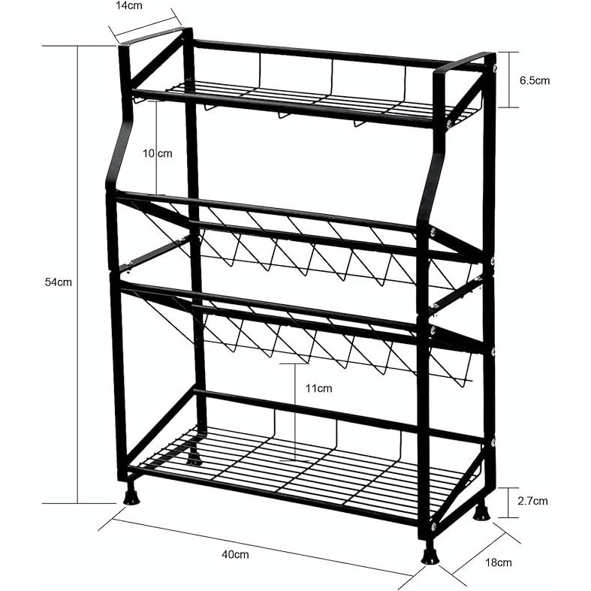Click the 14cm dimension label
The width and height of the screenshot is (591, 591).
point(129,6)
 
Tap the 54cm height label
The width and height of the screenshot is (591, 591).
point(59,282)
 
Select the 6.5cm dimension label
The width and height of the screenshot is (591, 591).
point(535,80)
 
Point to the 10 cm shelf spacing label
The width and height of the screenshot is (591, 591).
point(157,153)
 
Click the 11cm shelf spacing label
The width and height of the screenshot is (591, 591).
point(319,388)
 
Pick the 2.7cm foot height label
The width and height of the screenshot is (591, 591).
point(532,501)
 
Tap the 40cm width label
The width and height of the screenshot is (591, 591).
point(235,554)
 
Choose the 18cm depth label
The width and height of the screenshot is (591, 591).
point(499,562)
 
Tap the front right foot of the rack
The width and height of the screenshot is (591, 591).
point(430,553)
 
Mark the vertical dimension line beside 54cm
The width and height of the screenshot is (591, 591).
point(78,274)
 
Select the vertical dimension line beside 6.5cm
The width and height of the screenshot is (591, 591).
point(509,80)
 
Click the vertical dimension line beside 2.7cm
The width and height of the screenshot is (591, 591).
point(508,503)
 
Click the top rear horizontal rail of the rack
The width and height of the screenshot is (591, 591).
point(339,54)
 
